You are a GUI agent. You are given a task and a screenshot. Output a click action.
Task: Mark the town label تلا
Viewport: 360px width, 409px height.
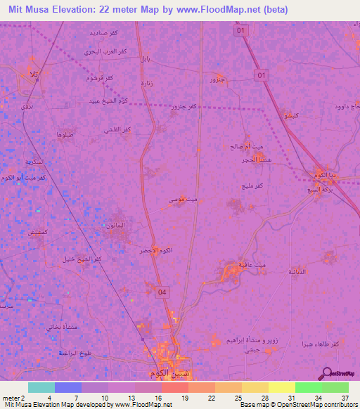click(x=32, y=74)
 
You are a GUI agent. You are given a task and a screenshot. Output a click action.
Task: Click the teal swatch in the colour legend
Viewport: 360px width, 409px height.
click(x=41, y=387)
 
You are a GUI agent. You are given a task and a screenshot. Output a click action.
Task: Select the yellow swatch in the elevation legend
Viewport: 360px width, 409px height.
click(x=282, y=387)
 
